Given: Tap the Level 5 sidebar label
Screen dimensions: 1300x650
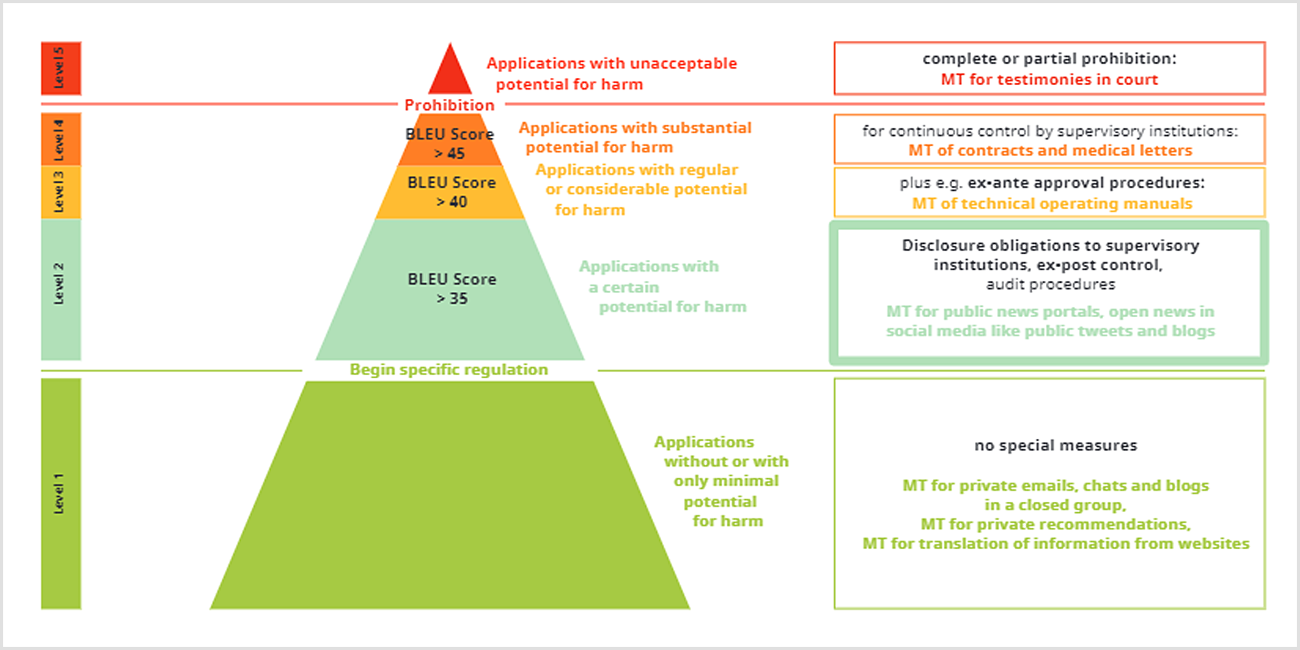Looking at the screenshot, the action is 59,68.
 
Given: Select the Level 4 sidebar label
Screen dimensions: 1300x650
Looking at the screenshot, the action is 59,139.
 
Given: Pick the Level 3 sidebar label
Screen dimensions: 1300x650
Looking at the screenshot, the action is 59,192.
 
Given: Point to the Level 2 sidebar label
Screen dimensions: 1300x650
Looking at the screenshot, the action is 59,283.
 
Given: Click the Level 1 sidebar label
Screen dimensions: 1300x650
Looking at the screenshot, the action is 59,494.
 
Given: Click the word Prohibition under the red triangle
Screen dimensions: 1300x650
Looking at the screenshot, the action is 449,105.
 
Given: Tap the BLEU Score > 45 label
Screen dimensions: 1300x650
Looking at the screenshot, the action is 450,144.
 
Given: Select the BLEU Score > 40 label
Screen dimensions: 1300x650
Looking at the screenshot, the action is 452,192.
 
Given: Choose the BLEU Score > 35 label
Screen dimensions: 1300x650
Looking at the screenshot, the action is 452,289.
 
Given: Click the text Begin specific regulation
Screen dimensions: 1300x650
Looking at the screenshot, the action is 448,369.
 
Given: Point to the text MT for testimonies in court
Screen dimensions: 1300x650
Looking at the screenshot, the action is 1049,79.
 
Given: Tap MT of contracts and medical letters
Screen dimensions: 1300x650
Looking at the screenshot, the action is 1050,150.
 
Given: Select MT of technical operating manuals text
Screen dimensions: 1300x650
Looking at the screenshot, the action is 1052,203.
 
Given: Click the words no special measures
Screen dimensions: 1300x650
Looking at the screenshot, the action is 1056,445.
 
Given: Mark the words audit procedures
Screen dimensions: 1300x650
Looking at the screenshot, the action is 1050,284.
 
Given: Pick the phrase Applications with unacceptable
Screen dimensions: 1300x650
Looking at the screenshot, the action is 612,64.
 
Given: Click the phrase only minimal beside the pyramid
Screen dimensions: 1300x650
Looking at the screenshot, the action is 726,481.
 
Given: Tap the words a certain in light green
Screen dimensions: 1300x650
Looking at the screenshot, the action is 623,287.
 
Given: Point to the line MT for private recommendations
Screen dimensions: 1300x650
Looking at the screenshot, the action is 1056,524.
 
